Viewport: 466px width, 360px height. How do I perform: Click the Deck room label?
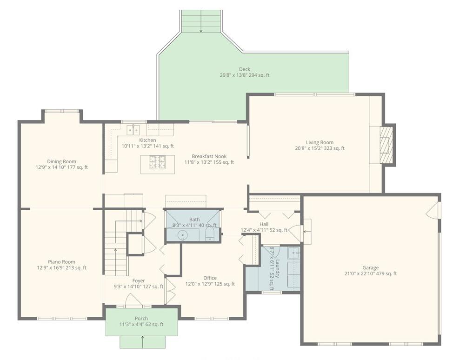pyautogui.click(x=245, y=69)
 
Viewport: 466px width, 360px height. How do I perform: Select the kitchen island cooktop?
pyautogui.click(x=158, y=162)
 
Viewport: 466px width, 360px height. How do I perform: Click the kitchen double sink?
pyautogui.click(x=133, y=129)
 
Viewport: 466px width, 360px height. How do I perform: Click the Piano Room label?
pyautogui.click(x=61, y=262)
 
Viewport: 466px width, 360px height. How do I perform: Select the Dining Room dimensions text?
pyautogui.click(x=61, y=167)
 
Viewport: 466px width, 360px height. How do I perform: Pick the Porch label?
pyautogui.click(x=141, y=319)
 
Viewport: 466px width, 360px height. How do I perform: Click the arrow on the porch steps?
pyautogui.click(x=143, y=342)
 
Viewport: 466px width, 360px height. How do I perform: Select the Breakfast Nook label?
pyautogui.click(x=213, y=157)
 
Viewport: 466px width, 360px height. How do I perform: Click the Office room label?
pyautogui.click(x=210, y=278)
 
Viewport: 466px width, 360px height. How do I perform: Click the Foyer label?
pyautogui.click(x=139, y=280)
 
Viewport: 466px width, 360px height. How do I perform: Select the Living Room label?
pyautogui.click(x=320, y=143)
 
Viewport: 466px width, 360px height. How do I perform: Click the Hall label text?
pyautogui.click(x=264, y=224)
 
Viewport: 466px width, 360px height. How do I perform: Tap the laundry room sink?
pyautogui.click(x=293, y=253)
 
